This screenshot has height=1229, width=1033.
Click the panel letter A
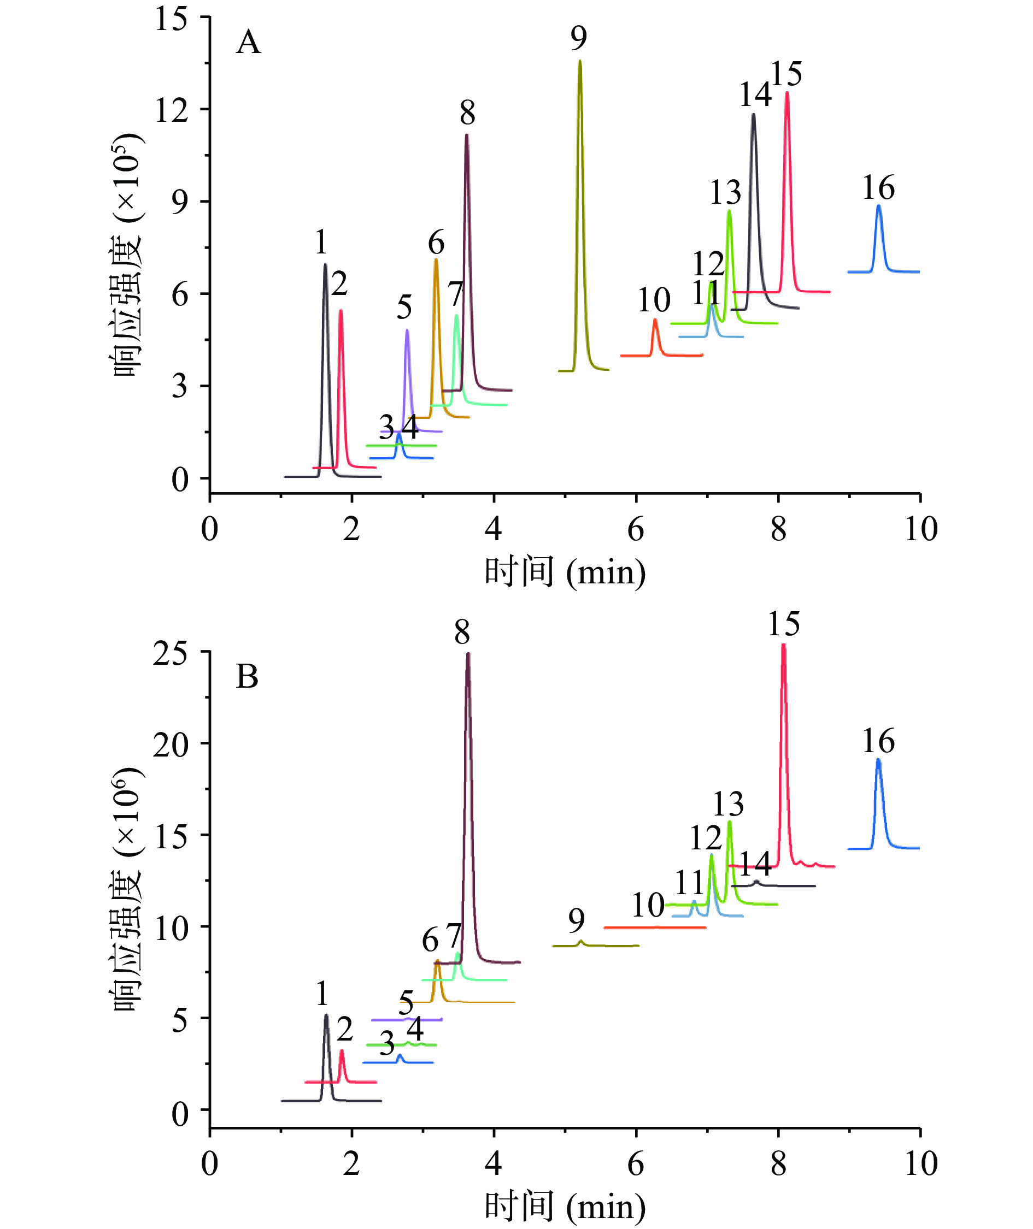pos(248,43)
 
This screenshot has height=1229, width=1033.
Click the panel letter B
pos(247,677)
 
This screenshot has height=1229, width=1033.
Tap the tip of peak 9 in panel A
pos(580,61)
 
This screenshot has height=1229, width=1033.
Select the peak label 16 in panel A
pos(878,188)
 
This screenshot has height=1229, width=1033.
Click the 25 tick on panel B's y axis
pos(170,654)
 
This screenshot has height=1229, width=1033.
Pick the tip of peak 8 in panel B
pos(467,654)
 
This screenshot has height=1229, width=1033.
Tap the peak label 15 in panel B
pos(784,624)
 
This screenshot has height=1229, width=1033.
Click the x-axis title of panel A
pos(565,572)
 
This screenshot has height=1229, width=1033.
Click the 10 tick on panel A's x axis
pos(920,529)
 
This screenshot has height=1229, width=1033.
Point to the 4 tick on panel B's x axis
pos(494,1164)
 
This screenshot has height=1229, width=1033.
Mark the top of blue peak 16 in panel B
pos(878,760)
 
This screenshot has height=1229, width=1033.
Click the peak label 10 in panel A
pos(654,301)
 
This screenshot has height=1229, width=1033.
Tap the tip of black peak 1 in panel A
pos(325,264)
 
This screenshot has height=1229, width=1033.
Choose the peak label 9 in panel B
pos(576,920)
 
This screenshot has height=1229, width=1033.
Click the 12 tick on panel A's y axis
pos(171,110)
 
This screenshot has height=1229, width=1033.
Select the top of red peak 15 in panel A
pos(787,92)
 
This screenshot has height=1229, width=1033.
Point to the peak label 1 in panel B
pos(322,993)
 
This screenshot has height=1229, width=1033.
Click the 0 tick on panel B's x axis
pos(210,1164)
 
